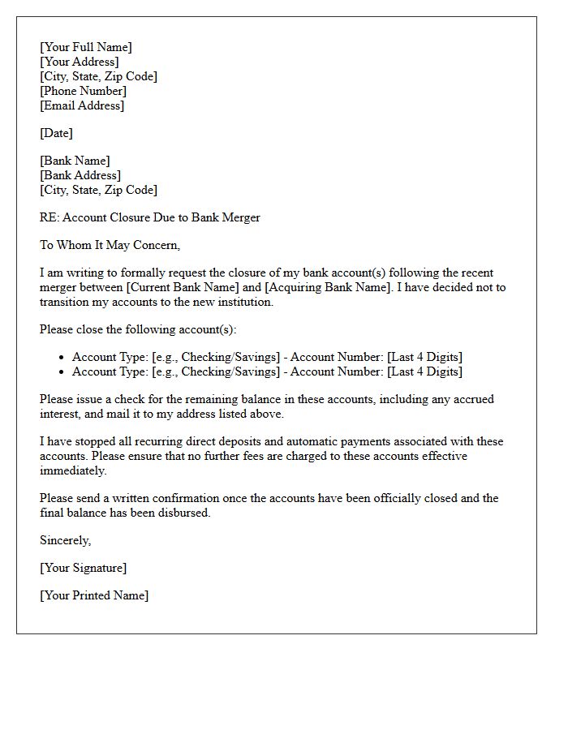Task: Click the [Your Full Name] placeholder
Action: [x=85, y=47]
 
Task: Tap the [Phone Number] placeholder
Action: [x=83, y=91]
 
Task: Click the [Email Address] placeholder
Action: [x=82, y=105]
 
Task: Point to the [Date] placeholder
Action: [x=56, y=133]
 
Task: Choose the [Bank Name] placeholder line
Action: [x=75, y=161]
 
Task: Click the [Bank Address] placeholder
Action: [x=80, y=175]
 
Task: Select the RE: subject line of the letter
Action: [x=149, y=217]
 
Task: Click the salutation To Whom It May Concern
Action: [x=110, y=245]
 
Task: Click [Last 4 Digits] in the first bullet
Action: [x=424, y=357]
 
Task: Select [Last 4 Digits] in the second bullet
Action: [x=424, y=371]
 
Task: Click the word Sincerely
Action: [x=65, y=540]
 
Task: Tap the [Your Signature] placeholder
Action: [x=83, y=568]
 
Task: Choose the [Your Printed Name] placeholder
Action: [x=94, y=595]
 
